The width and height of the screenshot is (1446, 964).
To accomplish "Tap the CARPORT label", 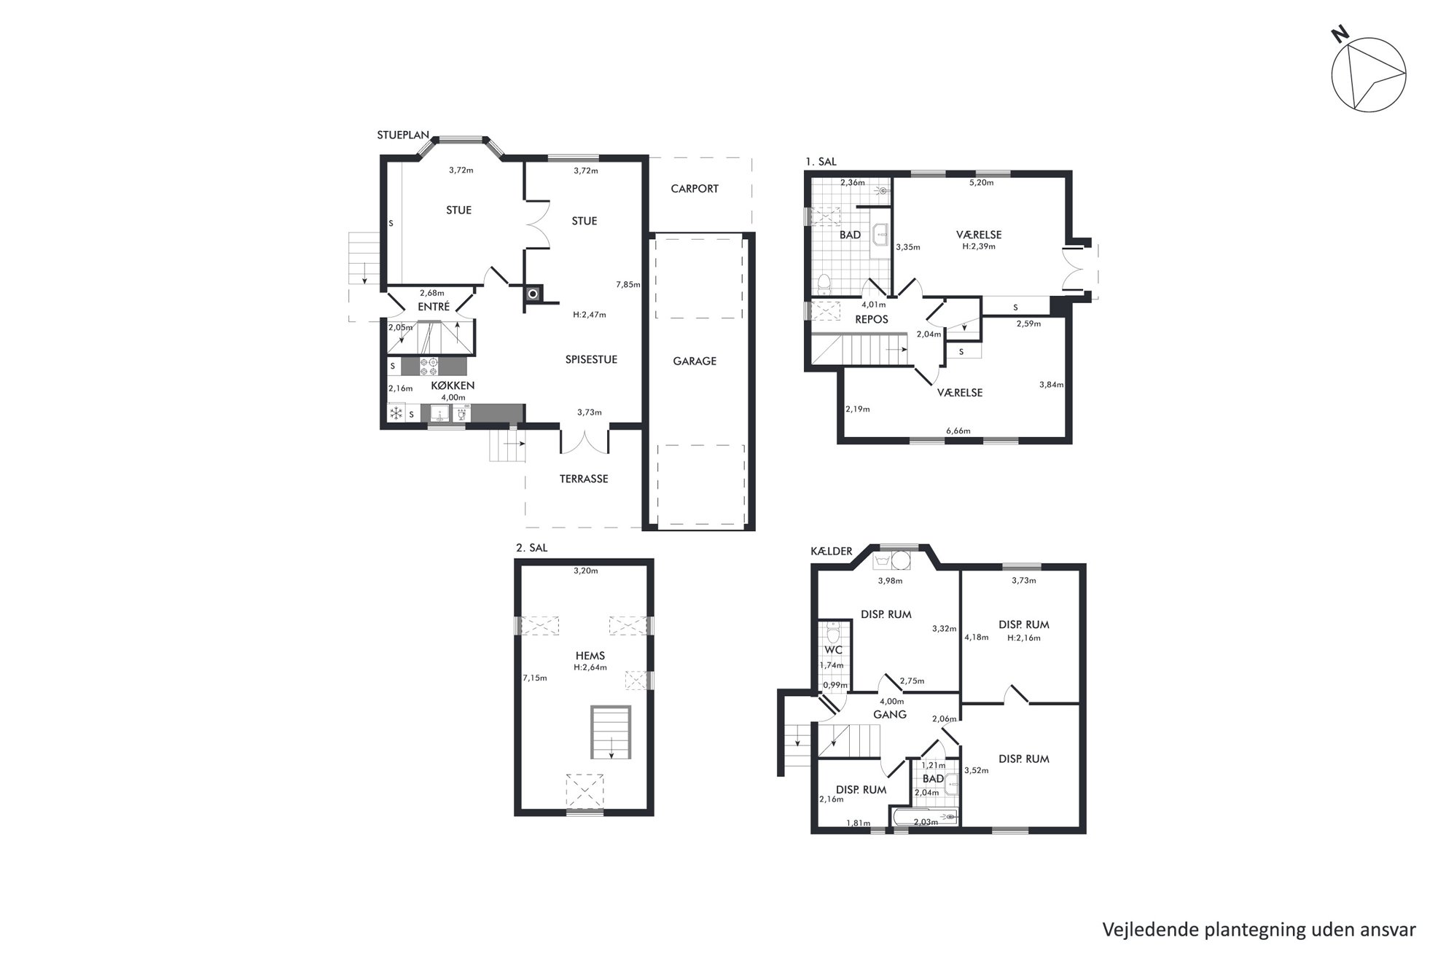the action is (x=695, y=189).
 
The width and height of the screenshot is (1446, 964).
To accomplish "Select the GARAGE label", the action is (x=695, y=361).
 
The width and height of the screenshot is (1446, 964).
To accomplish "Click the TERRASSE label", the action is (x=584, y=479).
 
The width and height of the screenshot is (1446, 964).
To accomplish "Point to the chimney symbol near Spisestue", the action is (x=534, y=294).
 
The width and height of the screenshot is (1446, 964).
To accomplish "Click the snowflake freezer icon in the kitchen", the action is (x=396, y=414).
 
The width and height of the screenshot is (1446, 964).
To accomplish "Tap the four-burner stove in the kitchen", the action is (x=429, y=365).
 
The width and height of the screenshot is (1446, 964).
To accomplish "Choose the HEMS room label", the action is (x=590, y=656).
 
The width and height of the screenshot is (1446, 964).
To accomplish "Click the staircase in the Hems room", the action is (x=611, y=733).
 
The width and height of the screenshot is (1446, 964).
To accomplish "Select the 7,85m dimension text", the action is (x=628, y=285).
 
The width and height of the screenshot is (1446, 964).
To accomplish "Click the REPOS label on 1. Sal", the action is (x=872, y=319).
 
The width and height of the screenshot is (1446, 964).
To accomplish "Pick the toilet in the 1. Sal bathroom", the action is (x=824, y=282).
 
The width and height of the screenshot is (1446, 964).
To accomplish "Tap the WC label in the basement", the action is (x=833, y=649).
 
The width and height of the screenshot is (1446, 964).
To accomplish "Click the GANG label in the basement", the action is (x=890, y=715).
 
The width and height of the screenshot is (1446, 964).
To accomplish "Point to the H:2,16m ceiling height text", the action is (x=1024, y=638).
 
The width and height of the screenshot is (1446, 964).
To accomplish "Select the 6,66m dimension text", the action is (x=958, y=431).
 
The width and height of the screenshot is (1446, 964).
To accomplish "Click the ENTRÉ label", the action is (x=434, y=307).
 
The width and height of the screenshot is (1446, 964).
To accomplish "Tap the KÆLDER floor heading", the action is (x=832, y=552).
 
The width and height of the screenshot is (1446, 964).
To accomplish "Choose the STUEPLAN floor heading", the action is (x=403, y=136).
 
